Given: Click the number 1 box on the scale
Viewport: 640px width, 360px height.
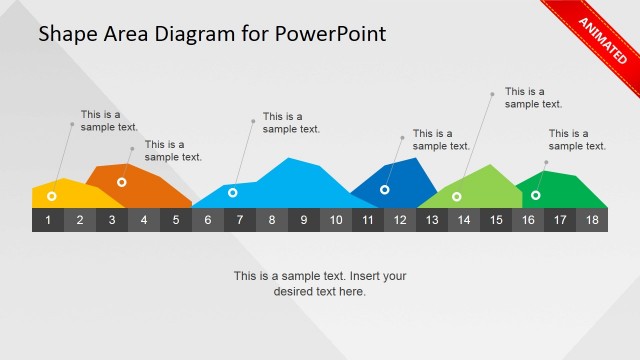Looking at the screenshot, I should (x=48, y=220).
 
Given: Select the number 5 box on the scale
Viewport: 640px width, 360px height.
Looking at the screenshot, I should (x=176, y=220).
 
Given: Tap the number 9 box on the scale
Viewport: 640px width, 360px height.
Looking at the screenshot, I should (x=304, y=220).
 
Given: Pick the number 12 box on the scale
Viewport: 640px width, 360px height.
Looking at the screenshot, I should (x=400, y=220).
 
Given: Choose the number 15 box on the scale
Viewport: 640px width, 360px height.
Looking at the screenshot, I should (x=496, y=220).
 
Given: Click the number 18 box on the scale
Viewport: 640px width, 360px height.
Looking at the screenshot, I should (x=592, y=220).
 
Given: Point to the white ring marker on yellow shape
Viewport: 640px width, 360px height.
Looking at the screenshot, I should (x=51, y=197).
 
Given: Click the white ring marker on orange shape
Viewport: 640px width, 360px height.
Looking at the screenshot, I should (x=121, y=182).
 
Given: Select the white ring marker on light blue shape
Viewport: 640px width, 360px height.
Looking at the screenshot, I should (x=233, y=192).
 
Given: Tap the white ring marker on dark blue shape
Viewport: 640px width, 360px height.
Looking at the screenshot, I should (x=385, y=189).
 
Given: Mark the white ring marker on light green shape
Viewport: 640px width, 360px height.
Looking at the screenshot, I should (x=457, y=196).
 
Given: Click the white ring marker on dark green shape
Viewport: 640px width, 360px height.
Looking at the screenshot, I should (x=536, y=195).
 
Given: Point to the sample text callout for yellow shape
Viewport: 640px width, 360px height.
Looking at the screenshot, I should (x=109, y=120).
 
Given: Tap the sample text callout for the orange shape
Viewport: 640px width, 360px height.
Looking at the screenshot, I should (x=173, y=150).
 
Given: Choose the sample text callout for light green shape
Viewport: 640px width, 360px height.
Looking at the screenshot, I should (x=533, y=97).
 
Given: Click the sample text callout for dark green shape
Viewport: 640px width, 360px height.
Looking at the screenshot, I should (x=577, y=139).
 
